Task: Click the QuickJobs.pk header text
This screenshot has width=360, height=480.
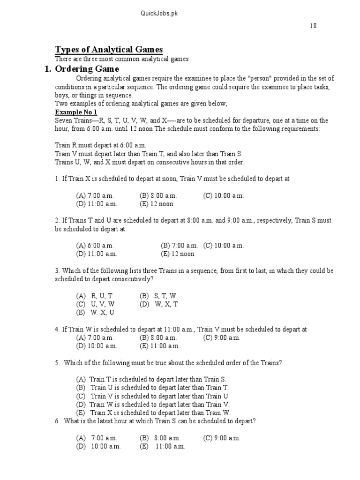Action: pos(159,14)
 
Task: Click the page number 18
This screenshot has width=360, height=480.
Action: pos(313,26)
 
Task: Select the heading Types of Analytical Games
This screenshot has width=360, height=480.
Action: pos(109,50)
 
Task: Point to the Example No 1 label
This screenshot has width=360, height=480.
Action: pos(76,112)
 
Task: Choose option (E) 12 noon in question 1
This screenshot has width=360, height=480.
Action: pos(156,204)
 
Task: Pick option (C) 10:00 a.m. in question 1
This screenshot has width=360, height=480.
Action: pos(223,195)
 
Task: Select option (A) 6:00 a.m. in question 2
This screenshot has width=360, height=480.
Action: pos(95,245)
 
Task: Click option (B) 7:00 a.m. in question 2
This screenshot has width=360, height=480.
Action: pos(179,245)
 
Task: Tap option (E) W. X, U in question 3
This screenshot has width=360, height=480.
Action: pos(95,313)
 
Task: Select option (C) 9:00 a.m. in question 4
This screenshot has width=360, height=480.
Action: pos(221,337)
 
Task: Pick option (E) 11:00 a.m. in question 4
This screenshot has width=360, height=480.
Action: pos(159,346)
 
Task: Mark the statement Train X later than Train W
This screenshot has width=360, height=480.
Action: pos(153,412)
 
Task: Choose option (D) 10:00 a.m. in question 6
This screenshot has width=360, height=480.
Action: pos(98,446)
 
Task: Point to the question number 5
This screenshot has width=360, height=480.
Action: pos(57,363)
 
